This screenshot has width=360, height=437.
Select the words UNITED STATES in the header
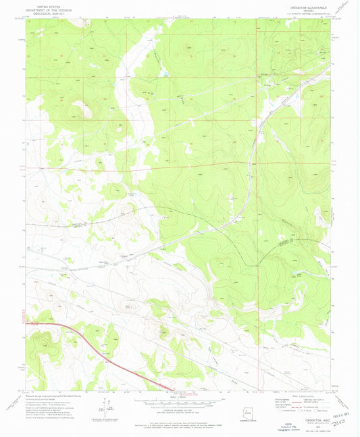49,4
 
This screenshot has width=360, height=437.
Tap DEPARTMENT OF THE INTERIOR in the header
49,7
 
